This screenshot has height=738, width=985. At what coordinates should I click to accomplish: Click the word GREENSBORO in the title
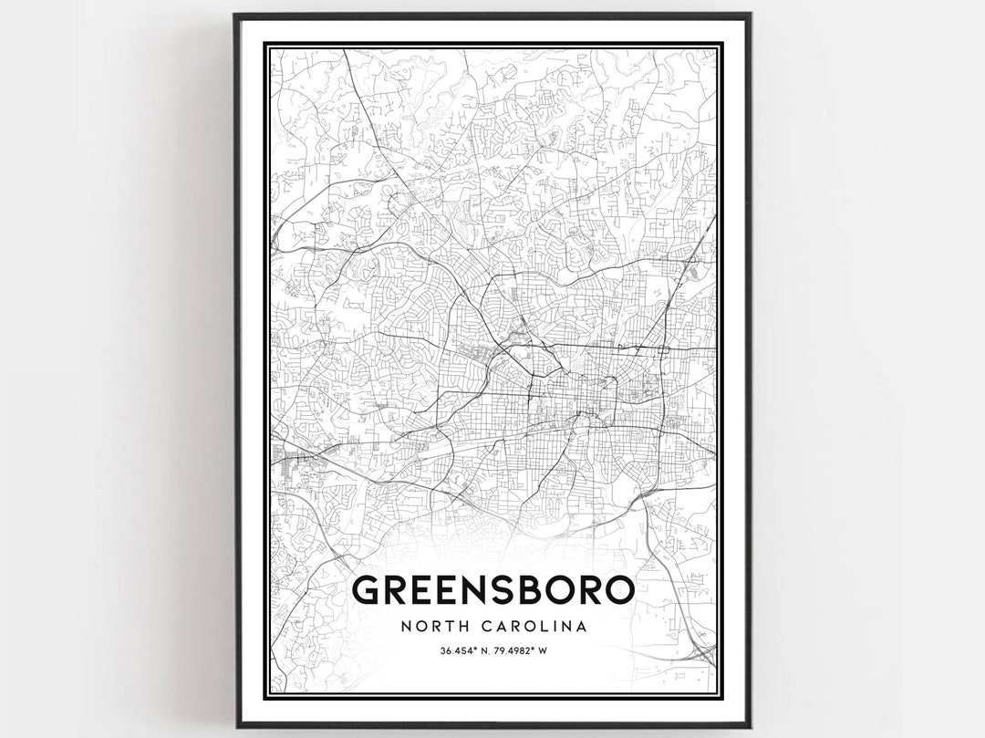493,591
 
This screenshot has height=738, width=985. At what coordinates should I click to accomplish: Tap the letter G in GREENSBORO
366,591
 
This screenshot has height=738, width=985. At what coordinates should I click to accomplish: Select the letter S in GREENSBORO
503,591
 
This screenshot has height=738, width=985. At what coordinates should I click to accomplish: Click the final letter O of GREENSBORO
619,591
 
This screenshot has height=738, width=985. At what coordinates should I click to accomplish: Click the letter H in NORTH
465,627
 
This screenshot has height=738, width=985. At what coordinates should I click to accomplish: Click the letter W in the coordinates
542,650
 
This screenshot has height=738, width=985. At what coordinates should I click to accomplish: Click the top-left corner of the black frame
235,16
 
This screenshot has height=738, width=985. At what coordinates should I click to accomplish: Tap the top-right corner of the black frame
750,16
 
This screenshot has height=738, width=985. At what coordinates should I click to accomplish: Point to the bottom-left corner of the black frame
235,726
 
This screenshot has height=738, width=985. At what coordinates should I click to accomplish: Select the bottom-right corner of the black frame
750,726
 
